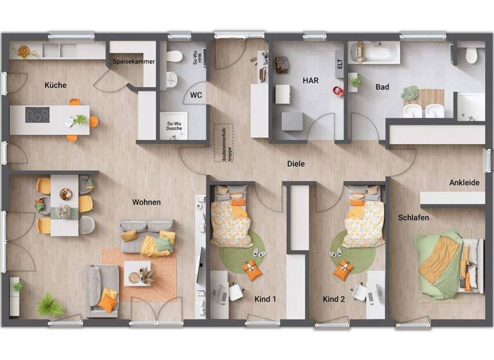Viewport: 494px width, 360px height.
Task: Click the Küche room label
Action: point(55,85)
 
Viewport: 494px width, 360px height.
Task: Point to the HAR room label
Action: point(311,80)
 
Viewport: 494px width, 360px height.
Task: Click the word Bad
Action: point(382,86)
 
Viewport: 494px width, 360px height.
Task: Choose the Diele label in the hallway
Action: point(296,164)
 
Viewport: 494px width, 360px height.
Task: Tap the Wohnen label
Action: point(147,202)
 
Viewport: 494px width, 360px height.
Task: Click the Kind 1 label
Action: point(265,299)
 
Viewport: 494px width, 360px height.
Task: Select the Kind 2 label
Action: point(334,299)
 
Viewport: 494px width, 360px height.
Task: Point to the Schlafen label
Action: point(413,218)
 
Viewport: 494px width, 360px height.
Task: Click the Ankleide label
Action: point(464,183)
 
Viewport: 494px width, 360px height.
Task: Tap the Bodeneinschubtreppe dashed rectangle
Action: point(224,143)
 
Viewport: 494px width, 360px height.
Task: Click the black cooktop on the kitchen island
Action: point(37,115)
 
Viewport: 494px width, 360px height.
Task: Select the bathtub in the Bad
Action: point(374,53)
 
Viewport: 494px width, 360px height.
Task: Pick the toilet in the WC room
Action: point(174,57)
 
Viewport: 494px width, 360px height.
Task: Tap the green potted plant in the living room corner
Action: point(49,305)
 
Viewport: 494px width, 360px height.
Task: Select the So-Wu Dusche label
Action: point(174,127)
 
